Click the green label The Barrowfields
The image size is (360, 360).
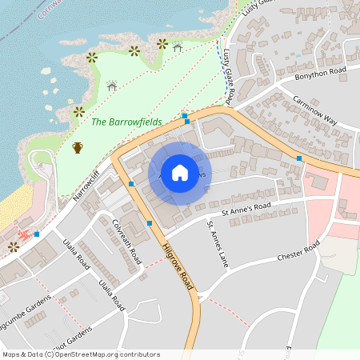[x=126, y=122]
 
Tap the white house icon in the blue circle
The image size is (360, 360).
[x=180, y=173]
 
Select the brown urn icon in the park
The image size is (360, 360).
[x=78, y=147]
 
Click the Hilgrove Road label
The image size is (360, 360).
[x=180, y=270]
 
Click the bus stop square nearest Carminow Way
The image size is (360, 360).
[x=299, y=158]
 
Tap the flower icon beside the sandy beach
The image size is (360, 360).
[x=13, y=246]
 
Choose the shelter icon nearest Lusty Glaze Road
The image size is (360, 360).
[x=177, y=48]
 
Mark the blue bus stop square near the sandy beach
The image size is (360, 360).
[x=37, y=233]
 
